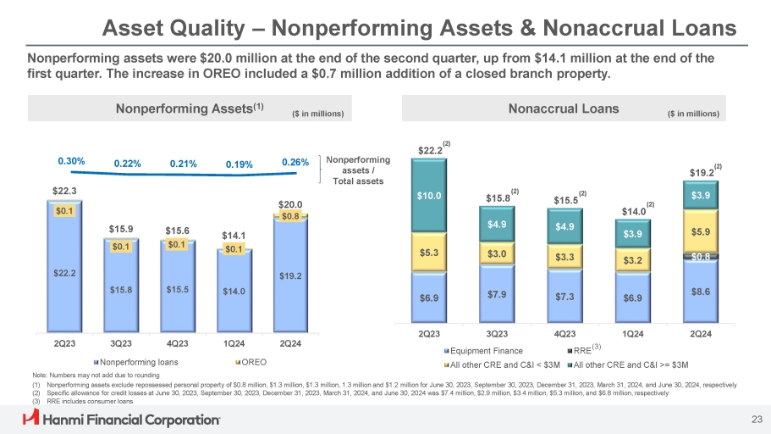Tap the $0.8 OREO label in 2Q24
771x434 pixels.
tap(291, 216)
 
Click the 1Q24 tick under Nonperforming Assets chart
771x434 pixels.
tap(234, 343)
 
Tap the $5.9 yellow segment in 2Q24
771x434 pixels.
tap(700, 230)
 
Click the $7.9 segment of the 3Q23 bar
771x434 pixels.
tap(497, 294)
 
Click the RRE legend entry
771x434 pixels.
tap(582, 349)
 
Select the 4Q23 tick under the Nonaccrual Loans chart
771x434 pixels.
tap(564, 333)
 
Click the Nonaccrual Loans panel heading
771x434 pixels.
tap(564, 108)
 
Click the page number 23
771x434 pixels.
tap(746, 418)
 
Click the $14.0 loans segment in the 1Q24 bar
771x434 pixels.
tap(234, 291)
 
